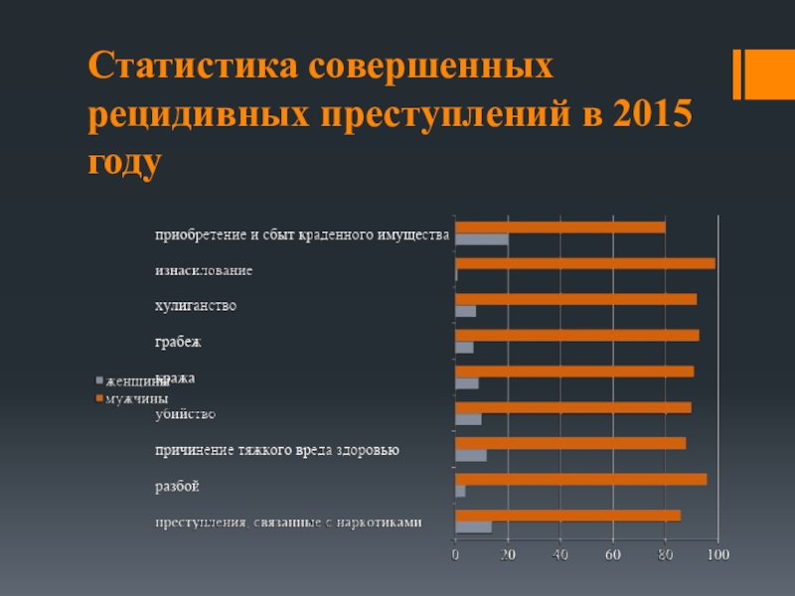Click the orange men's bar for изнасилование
[x=584, y=263]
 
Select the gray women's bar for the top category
[x=481, y=239]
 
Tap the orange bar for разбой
[x=580, y=479]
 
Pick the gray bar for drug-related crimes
[x=473, y=526]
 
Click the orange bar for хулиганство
[x=575, y=299]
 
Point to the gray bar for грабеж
[x=464, y=348]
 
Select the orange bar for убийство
[x=572, y=407]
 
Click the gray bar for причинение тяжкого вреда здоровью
[x=470, y=455]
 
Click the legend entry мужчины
[x=136, y=398]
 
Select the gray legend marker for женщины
[x=98, y=380]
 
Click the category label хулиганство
[x=196, y=306]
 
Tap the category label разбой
[x=177, y=487]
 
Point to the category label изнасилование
[x=203, y=270]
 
